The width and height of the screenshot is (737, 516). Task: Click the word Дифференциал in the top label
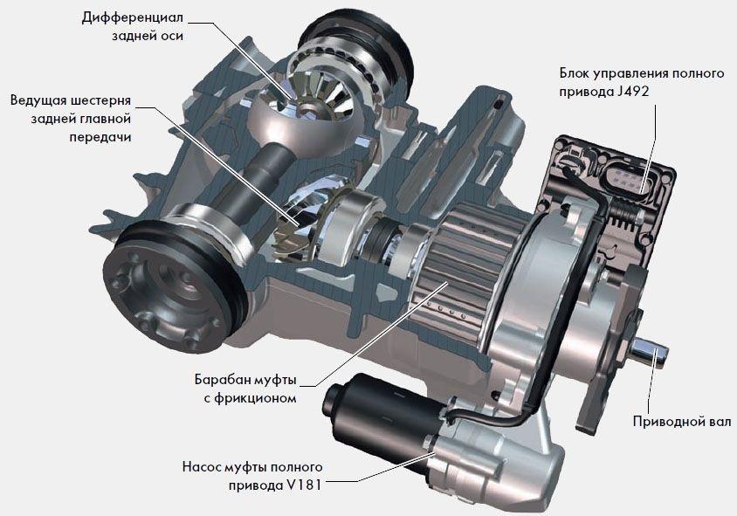click(133, 18)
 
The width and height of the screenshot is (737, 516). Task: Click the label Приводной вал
click(681, 421)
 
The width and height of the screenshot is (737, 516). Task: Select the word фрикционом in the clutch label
click(256, 398)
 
